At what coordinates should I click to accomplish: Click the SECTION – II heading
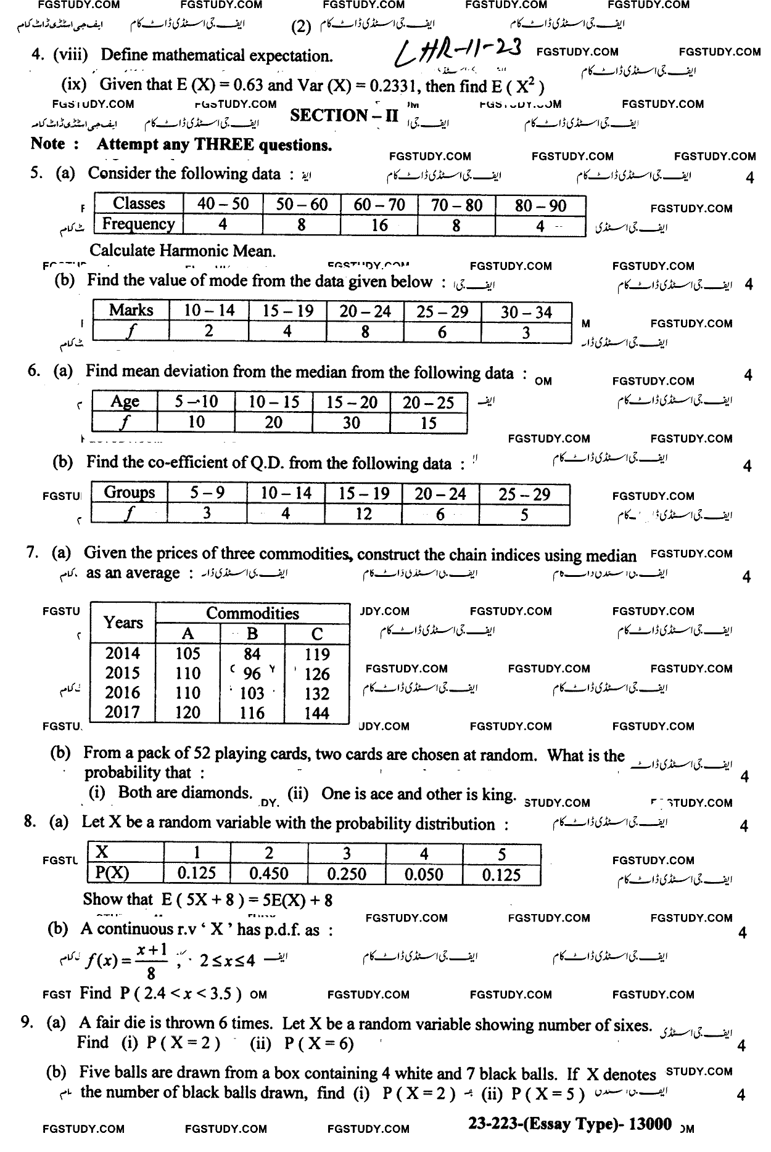[344, 116]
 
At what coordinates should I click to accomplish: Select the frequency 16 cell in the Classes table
[379, 226]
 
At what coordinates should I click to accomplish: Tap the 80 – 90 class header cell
[540, 205]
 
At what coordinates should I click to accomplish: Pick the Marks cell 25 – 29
[442, 312]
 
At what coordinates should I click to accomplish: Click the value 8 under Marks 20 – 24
[365, 332]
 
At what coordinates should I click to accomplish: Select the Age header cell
[124, 402]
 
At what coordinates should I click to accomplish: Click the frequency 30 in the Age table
[351, 422]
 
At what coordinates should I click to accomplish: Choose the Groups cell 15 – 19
[363, 493]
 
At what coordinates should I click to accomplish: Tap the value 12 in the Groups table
[363, 513]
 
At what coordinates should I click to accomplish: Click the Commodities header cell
[252, 613]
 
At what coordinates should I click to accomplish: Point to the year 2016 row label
[122, 693]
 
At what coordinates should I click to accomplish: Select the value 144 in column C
[317, 713]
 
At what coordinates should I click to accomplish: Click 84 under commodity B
[252, 654]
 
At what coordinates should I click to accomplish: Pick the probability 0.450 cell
[268, 873]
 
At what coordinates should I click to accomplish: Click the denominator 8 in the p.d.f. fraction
[151, 974]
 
